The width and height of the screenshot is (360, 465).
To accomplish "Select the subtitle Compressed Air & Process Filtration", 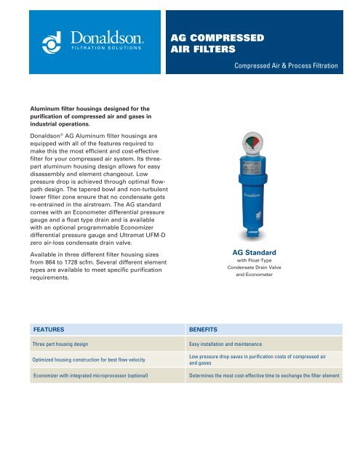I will (286, 66).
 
